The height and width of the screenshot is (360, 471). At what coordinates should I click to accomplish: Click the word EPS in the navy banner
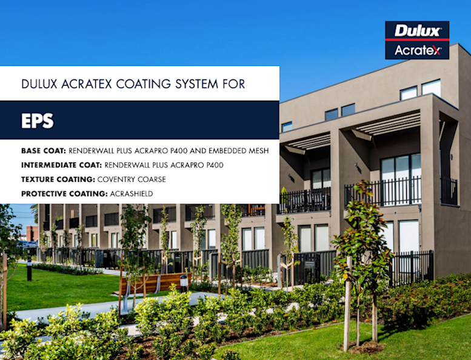(x=38, y=121)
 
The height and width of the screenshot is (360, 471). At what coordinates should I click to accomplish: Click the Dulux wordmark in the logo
(x=417, y=30)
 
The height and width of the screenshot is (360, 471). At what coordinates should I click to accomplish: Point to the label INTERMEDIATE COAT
(x=61, y=165)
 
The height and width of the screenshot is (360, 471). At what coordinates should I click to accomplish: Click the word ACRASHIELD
(x=131, y=194)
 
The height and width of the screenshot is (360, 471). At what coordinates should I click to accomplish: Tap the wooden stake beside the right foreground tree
(x=347, y=303)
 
